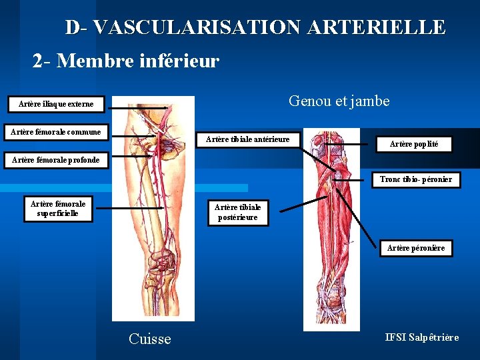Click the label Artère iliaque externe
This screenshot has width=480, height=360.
click(x=56, y=104)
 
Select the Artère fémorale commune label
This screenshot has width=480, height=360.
click(x=56, y=132)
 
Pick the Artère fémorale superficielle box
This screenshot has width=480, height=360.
click(x=58, y=209)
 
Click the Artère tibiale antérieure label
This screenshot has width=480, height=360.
click(x=248, y=139)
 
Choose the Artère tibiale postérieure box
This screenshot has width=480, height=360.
click(x=237, y=212)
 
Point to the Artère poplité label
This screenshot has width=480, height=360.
click(x=413, y=143)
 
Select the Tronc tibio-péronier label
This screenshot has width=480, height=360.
click(x=416, y=179)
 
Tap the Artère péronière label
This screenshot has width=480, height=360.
click(x=416, y=248)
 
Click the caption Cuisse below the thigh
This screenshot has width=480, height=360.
click(x=149, y=339)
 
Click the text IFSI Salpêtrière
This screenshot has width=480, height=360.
click(x=422, y=337)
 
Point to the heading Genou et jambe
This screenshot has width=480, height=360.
click(x=339, y=101)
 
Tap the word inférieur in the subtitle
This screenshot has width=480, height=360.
click(x=181, y=61)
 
